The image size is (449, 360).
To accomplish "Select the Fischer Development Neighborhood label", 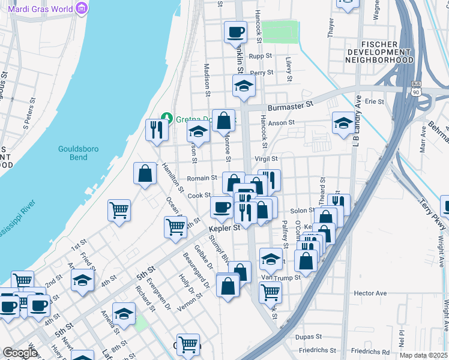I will click(x=388, y=52).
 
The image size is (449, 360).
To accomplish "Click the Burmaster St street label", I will click(x=291, y=104).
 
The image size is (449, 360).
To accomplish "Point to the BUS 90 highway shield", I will click(x=416, y=89).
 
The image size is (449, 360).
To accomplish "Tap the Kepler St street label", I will click(x=224, y=228).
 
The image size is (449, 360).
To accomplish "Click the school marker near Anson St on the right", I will click(x=344, y=123).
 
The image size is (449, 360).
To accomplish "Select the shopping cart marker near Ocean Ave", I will click(x=176, y=227).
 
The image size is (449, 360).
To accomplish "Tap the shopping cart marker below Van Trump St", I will click(x=270, y=293).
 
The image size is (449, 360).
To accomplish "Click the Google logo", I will click(x=20, y=353).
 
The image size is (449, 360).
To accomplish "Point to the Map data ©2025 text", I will click(x=423, y=355).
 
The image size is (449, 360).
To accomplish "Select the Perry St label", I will click(x=262, y=73).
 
